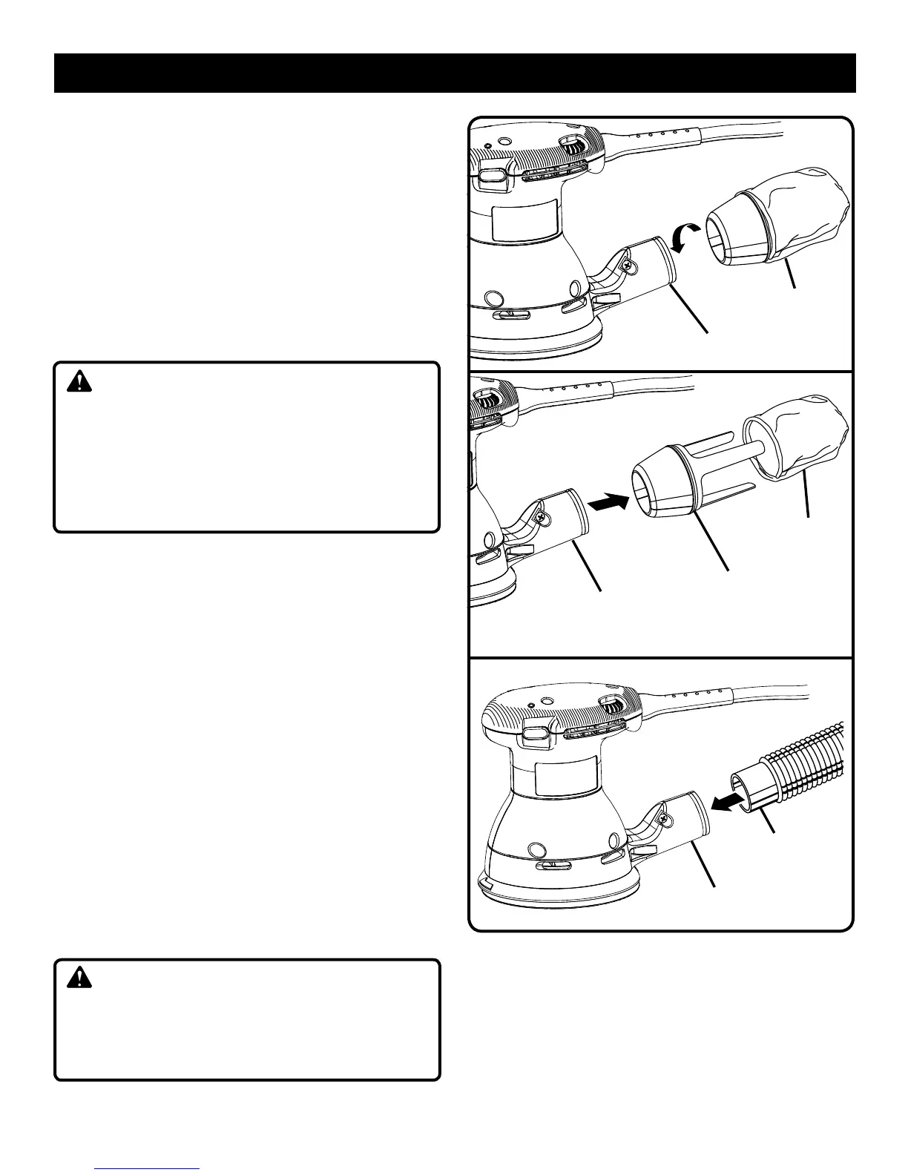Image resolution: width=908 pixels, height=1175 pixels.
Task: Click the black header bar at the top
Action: (x=455, y=73)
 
